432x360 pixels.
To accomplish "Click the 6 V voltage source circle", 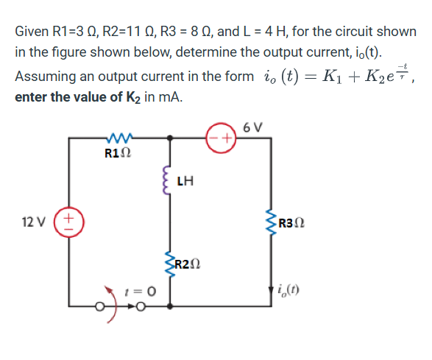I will tap(222, 137).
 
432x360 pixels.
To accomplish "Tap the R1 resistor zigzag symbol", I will tap(118, 137).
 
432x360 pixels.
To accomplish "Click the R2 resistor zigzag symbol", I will tap(171, 261).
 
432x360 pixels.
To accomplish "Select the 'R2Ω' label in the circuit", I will tap(190, 261).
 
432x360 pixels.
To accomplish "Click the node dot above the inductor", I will tap(171, 137).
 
